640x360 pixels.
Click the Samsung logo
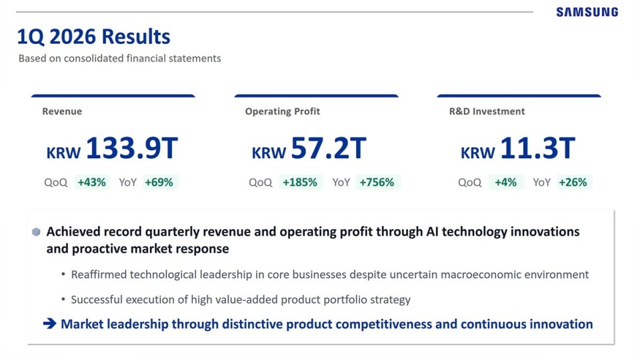coord(587,12)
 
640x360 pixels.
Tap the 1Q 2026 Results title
coord(93,36)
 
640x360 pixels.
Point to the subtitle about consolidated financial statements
coord(119,59)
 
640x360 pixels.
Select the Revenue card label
coord(62,111)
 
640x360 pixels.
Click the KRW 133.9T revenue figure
coord(112,148)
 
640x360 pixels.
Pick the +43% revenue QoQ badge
coord(92,182)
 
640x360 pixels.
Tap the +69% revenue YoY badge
coord(159,182)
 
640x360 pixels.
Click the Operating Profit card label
coord(283,111)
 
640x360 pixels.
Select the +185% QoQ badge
coord(301,182)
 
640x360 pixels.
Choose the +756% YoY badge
coord(377,182)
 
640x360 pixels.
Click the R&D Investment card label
coord(487,111)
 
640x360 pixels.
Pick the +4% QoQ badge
coord(506,182)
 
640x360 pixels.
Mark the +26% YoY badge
coord(573,182)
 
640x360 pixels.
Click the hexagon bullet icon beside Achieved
coord(36,232)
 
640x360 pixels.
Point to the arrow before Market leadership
coord(50,324)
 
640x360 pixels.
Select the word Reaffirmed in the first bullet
coord(99,275)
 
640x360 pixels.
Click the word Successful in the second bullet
coord(97,299)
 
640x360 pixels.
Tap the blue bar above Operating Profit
coord(316,96)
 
